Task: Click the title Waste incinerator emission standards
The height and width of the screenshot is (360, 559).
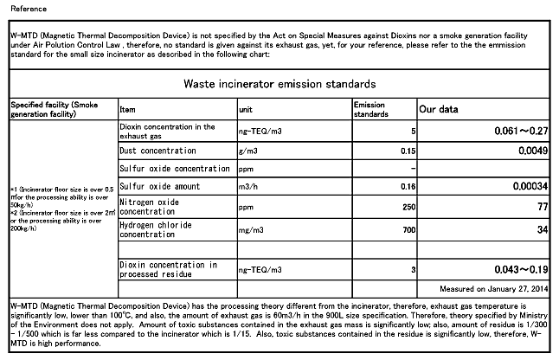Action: click(x=279, y=84)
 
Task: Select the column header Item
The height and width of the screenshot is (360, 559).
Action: click(x=127, y=110)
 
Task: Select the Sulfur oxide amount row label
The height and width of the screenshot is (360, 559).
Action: click(x=159, y=186)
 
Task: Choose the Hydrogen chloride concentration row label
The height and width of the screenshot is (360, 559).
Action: click(x=156, y=229)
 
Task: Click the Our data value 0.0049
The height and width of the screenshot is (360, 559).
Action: click(x=531, y=151)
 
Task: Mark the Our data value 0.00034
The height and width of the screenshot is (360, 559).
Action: click(x=528, y=186)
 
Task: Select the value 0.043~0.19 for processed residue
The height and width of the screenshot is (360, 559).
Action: click(x=517, y=268)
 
